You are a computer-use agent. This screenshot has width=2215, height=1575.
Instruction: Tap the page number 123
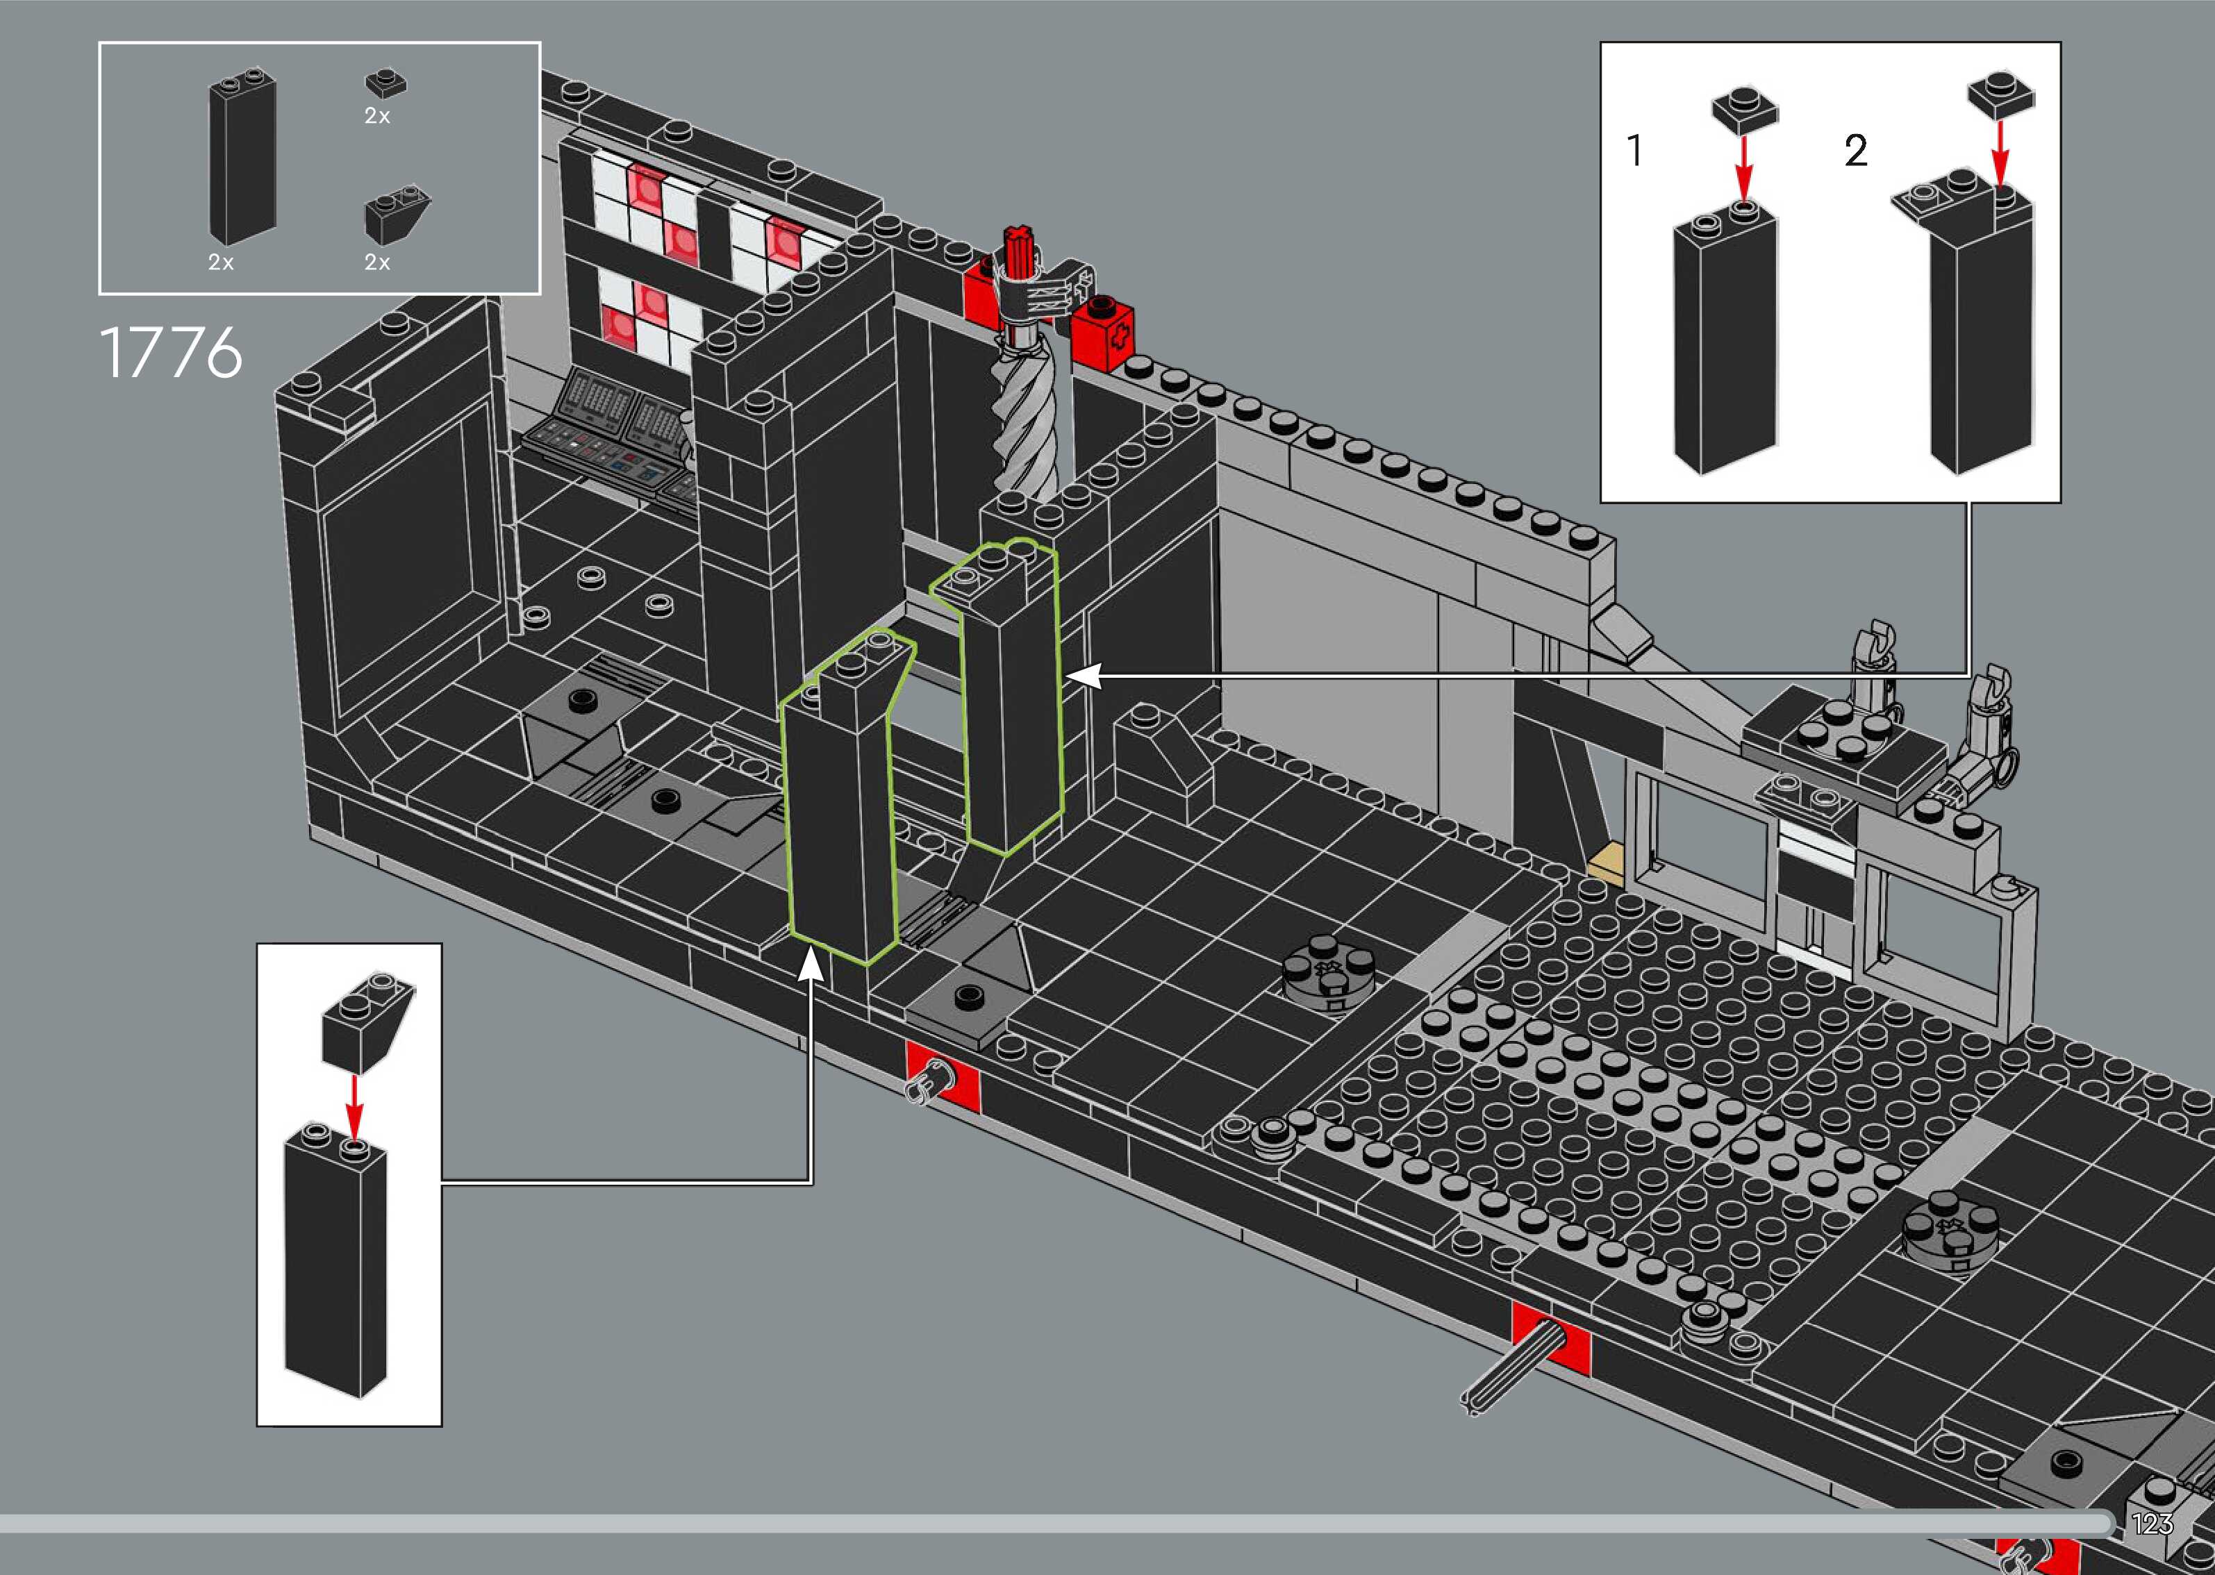(2152, 1524)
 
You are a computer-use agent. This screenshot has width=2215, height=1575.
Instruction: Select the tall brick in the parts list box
(242, 159)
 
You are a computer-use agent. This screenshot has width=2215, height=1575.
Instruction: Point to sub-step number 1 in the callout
(1636, 150)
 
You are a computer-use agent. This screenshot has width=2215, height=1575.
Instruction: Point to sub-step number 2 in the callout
(1855, 150)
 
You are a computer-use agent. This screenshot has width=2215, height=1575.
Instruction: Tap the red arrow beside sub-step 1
(1743, 166)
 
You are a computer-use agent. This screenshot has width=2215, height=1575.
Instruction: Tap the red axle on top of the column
(1019, 254)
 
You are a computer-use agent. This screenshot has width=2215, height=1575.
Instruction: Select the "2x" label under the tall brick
(220, 262)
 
